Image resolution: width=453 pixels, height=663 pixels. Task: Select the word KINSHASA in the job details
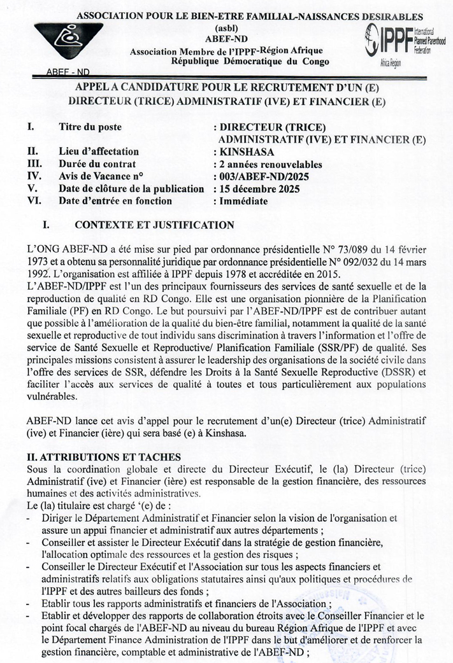point(248,151)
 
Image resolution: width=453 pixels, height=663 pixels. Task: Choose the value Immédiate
point(243,201)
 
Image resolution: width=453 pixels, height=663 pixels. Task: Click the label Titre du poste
point(90,127)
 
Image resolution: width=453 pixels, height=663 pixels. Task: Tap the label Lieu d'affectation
point(98,151)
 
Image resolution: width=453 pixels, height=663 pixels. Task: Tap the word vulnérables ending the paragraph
point(53,396)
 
